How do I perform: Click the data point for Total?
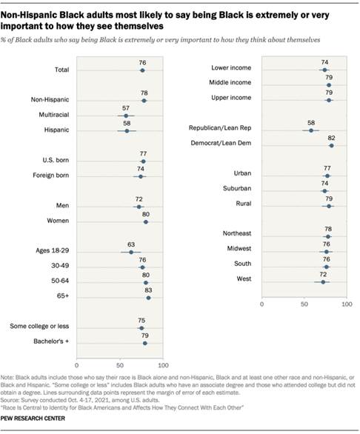142,70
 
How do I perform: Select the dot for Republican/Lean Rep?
311,130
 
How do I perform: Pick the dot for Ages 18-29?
131,252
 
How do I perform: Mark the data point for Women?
146,221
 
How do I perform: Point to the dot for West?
323,281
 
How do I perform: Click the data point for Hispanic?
127,130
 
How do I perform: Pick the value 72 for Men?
139,198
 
